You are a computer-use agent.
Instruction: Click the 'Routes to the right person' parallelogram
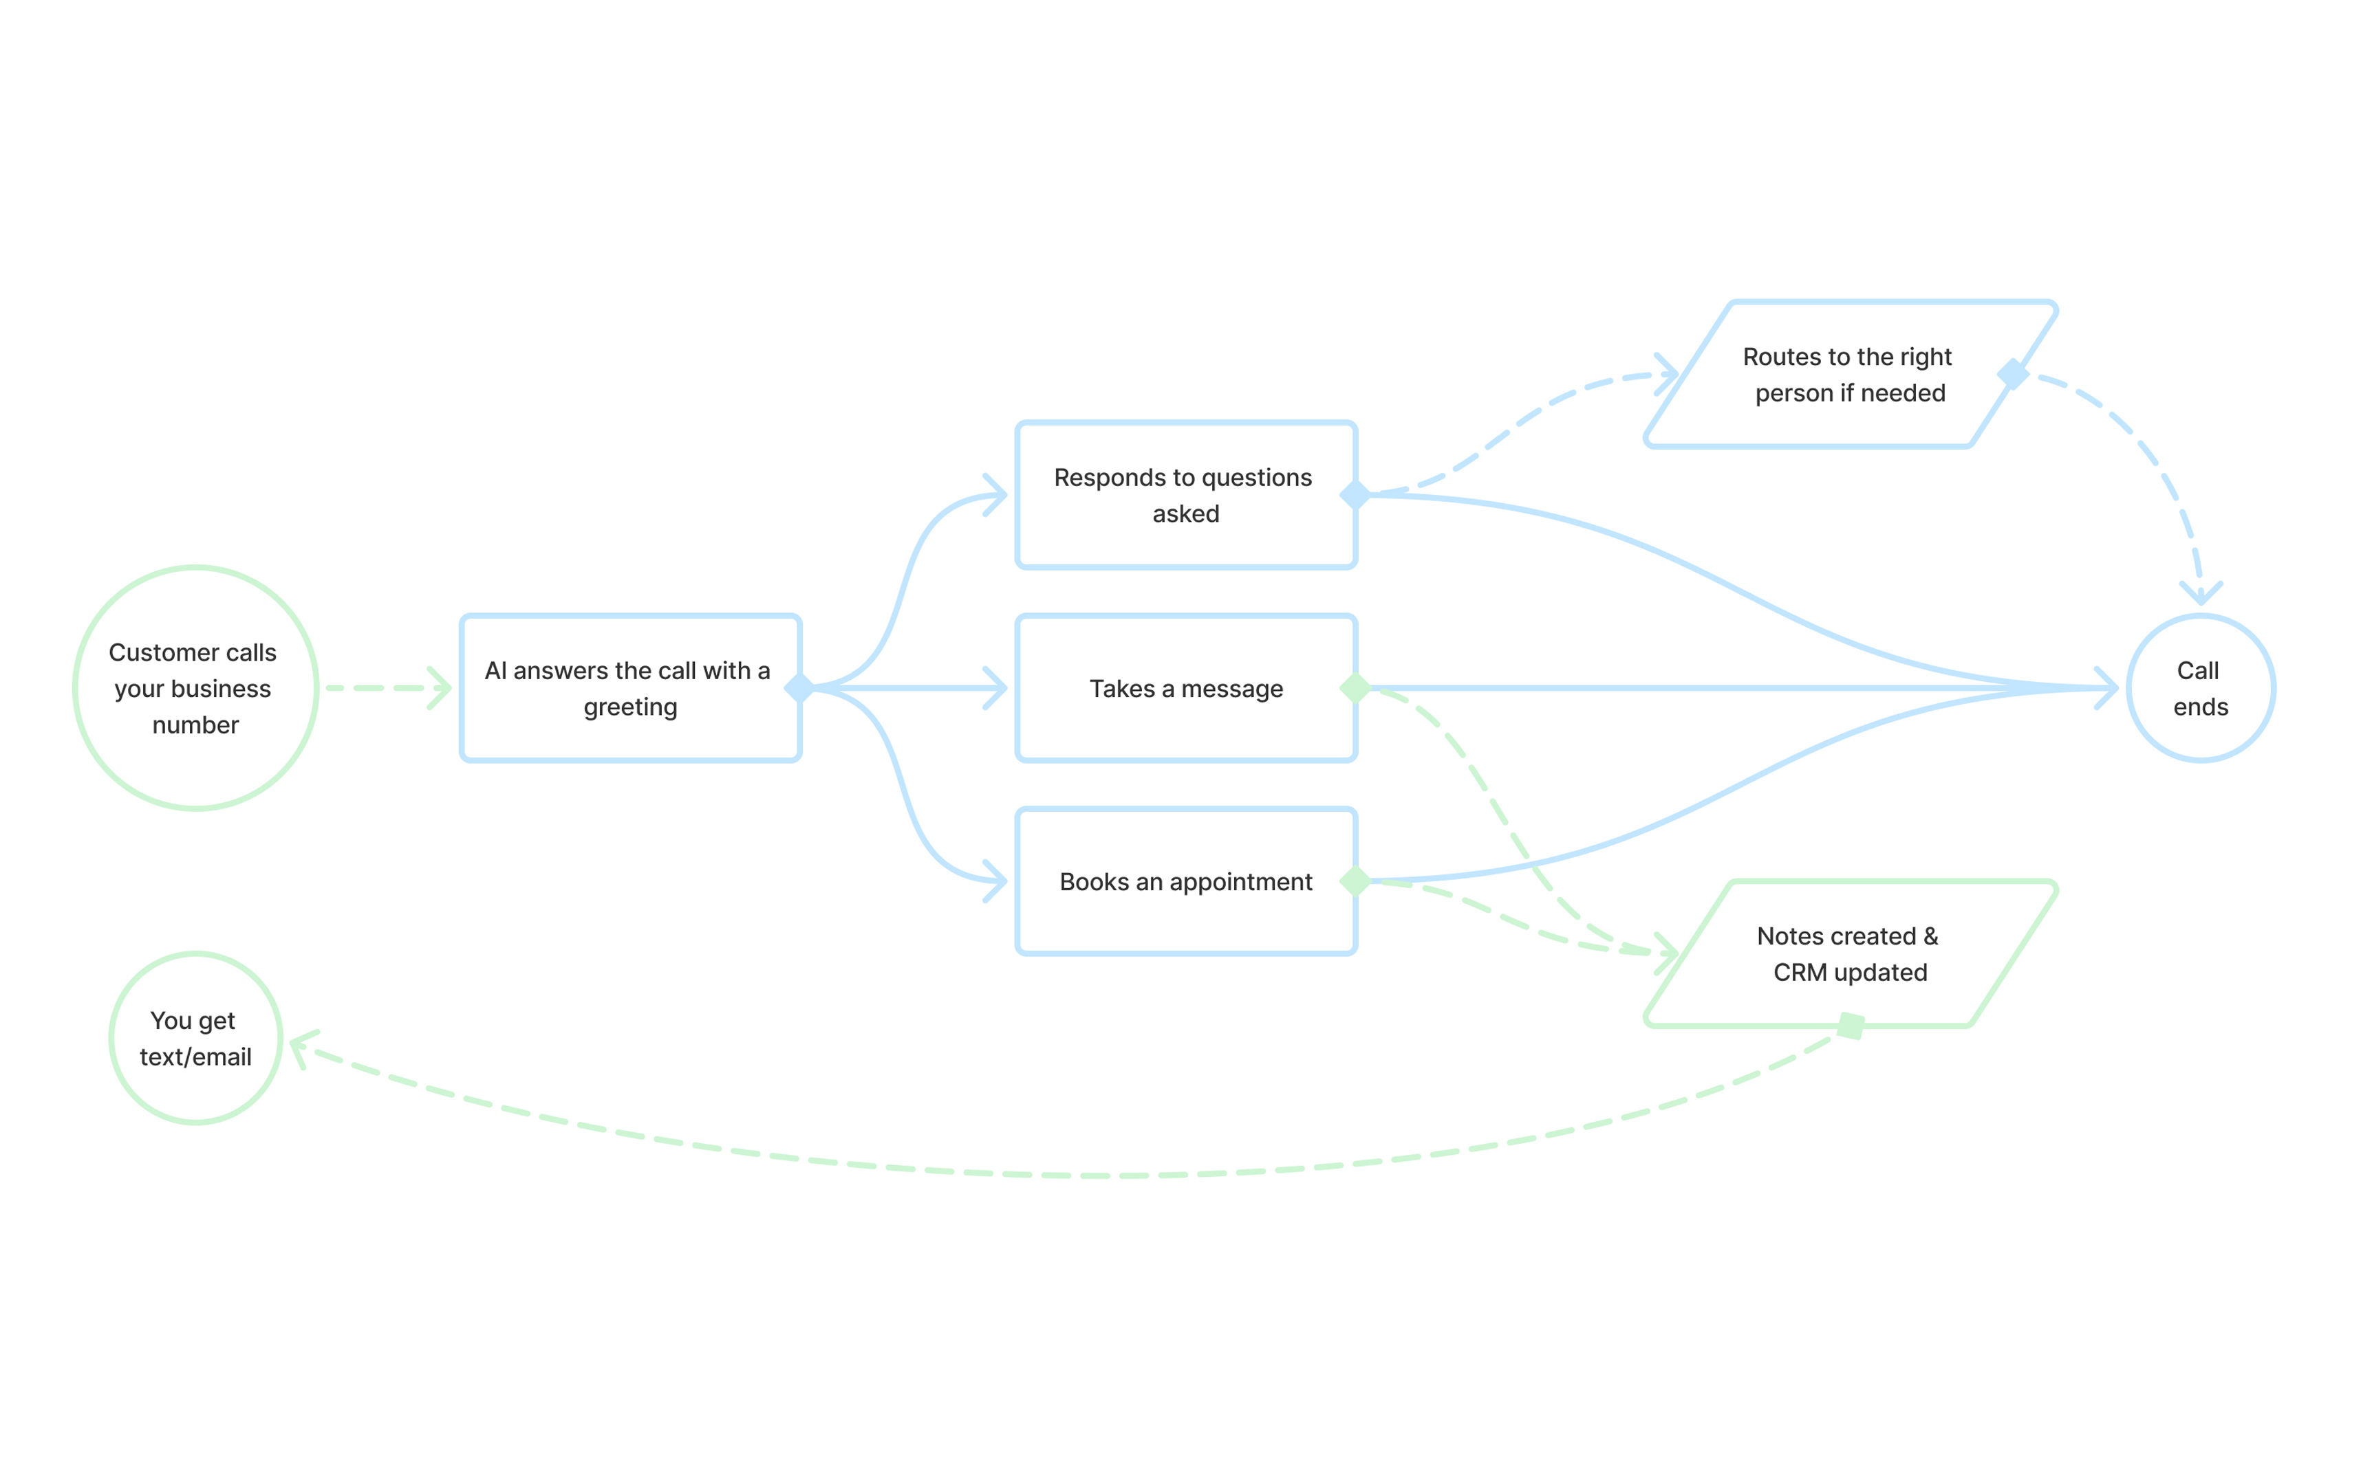click(x=1849, y=374)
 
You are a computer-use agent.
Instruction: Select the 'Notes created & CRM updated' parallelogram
click(x=1849, y=953)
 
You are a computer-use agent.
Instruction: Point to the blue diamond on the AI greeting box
click(x=799, y=687)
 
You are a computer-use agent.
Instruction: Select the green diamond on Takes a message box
click(x=1355, y=687)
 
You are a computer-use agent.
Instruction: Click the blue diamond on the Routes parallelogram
click(x=2012, y=374)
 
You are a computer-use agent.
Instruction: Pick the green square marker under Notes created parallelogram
click(x=1850, y=1025)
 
